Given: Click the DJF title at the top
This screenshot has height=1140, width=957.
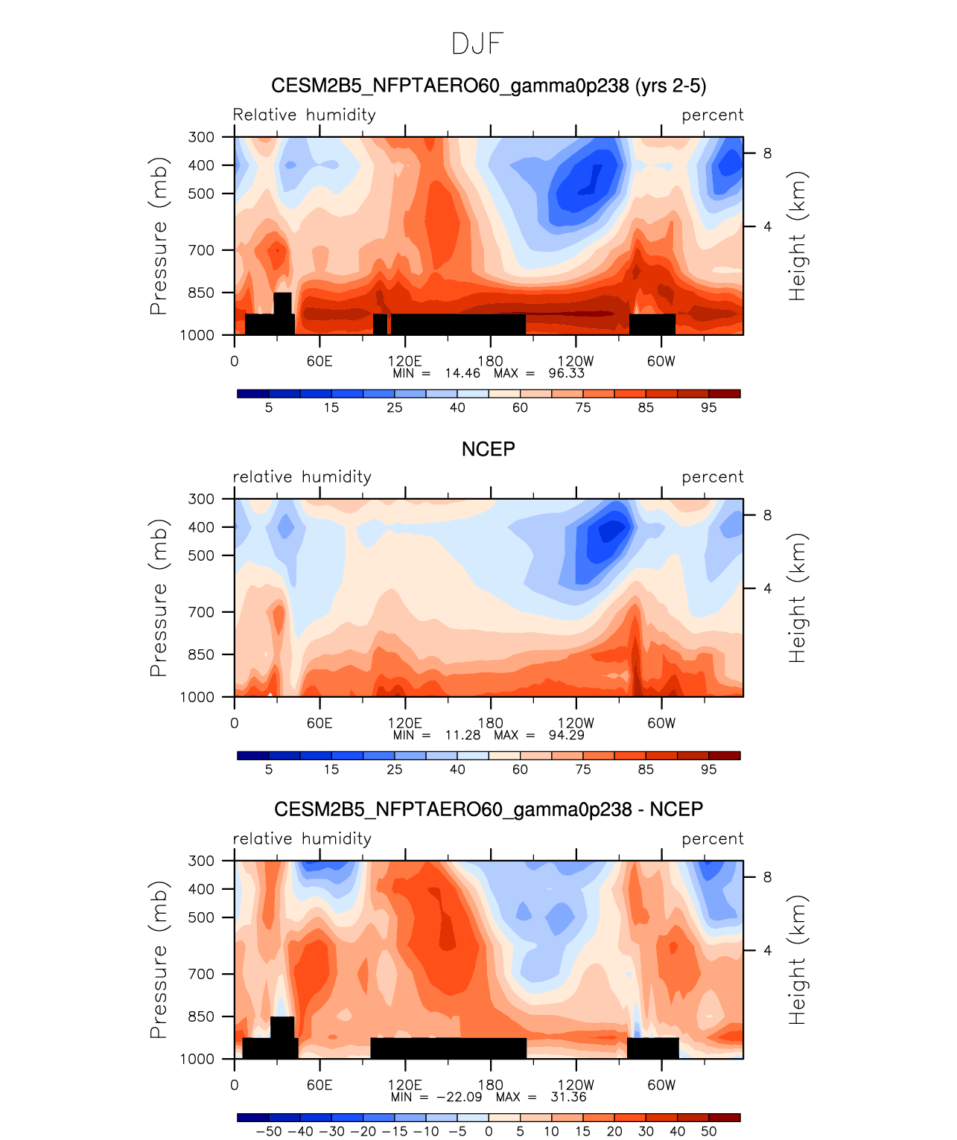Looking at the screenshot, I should tap(477, 44).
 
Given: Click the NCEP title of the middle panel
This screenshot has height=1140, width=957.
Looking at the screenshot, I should tap(488, 449).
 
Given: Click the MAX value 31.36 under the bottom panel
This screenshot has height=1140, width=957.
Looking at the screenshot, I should tap(567, 1097).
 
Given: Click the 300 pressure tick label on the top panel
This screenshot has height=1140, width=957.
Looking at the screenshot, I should tap(201, 137).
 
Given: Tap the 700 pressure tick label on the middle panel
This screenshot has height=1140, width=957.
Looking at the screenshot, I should tap(201, 612).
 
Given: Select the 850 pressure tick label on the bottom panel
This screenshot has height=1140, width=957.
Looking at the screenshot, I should tap(201, 1016).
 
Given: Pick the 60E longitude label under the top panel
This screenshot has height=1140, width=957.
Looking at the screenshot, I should tap(319, 362).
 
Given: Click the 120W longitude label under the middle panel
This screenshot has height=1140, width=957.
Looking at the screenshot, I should tap(576, 723).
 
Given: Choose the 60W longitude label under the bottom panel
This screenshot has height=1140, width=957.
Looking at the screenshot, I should tap(661, 1085).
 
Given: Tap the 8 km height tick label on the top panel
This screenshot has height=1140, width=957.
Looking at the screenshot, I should tap(767, 153).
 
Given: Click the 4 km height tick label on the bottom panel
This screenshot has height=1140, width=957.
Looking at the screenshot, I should tap(767, 950).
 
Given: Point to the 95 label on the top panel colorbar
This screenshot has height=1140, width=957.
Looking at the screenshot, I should tap(708, 407).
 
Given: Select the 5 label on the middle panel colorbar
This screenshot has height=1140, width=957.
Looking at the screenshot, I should tap(269, 769).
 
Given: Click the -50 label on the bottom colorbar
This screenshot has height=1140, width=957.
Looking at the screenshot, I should tap(269, 1131).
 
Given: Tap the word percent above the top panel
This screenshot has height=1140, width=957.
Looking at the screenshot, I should tap(712, 115).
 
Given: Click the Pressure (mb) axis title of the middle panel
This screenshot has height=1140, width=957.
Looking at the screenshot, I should tap(158, 597).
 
